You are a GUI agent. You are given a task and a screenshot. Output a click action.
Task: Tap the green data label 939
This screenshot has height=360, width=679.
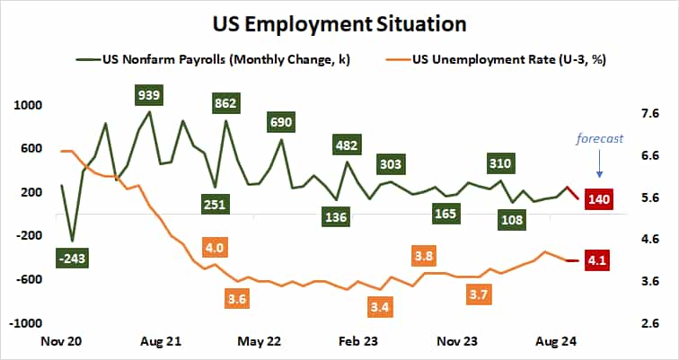[148, 95]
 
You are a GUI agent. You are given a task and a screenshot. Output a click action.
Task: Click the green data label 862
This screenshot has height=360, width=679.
[225, 103]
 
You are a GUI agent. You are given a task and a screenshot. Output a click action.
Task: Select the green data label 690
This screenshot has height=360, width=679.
[282, 122]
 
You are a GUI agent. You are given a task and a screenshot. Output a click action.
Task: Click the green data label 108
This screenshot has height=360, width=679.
[513, 220]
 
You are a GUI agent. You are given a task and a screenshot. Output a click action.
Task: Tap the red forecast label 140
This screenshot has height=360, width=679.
[598, 199]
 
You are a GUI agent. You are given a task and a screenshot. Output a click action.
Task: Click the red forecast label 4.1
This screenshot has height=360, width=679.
[598, 260]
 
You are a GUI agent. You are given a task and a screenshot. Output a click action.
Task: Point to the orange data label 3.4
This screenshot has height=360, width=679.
[381, 308]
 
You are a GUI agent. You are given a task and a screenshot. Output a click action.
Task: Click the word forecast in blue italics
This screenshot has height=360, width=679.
[599, 138]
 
